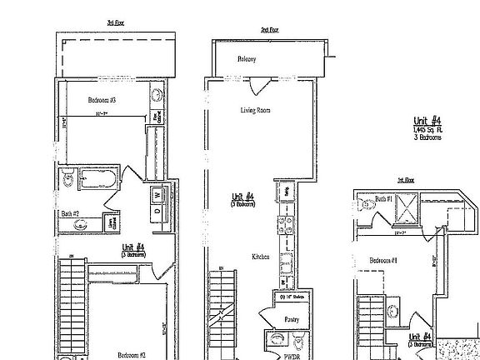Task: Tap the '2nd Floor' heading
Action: (x=269, y=29)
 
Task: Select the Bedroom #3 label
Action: (x=102, y=99)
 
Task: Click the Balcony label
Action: (x=246, y=59)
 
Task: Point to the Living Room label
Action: (x=255, y=110)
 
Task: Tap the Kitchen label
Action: (x=261, y=257)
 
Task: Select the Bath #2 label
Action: (x=70, y=213)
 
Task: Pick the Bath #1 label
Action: (x=383, y=199)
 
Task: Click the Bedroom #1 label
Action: (x=382, y=260)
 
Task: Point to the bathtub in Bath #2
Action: (x=92, y=178)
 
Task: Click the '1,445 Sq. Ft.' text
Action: (x=429, y=129)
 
